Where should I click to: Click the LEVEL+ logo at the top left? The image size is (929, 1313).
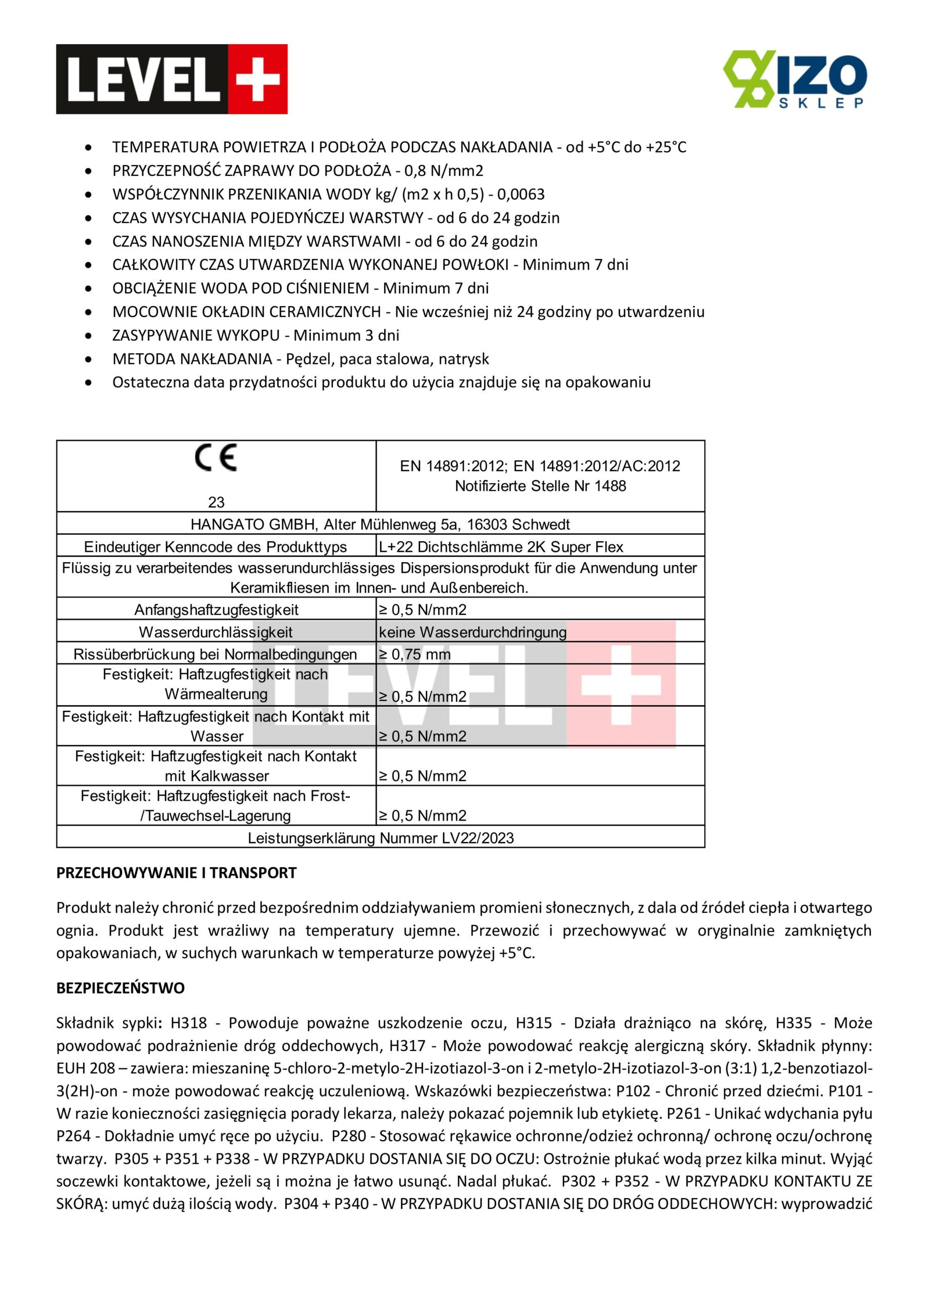tap(172, 79)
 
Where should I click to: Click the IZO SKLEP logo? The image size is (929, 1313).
tap(795, 79)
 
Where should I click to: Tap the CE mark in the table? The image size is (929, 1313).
tap(215, 457)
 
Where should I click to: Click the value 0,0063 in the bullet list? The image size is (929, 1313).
tap(521, 194)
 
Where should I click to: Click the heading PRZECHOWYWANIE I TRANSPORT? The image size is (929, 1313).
tap(176, 872)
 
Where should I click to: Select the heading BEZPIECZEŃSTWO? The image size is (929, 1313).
tap(120, 988)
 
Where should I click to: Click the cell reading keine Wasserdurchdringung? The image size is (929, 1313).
tap(472, 632)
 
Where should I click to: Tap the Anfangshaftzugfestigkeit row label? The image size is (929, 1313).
tap(216, 610)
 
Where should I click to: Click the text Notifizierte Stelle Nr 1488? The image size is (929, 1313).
tap(540, 486)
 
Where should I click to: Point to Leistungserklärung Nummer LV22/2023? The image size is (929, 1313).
tap(381, 838)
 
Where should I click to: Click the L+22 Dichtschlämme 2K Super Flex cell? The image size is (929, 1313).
tap(501, 547)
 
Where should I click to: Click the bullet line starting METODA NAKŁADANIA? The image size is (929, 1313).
tap(300, 359)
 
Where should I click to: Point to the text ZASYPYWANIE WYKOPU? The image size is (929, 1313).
tap(195, 335)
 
